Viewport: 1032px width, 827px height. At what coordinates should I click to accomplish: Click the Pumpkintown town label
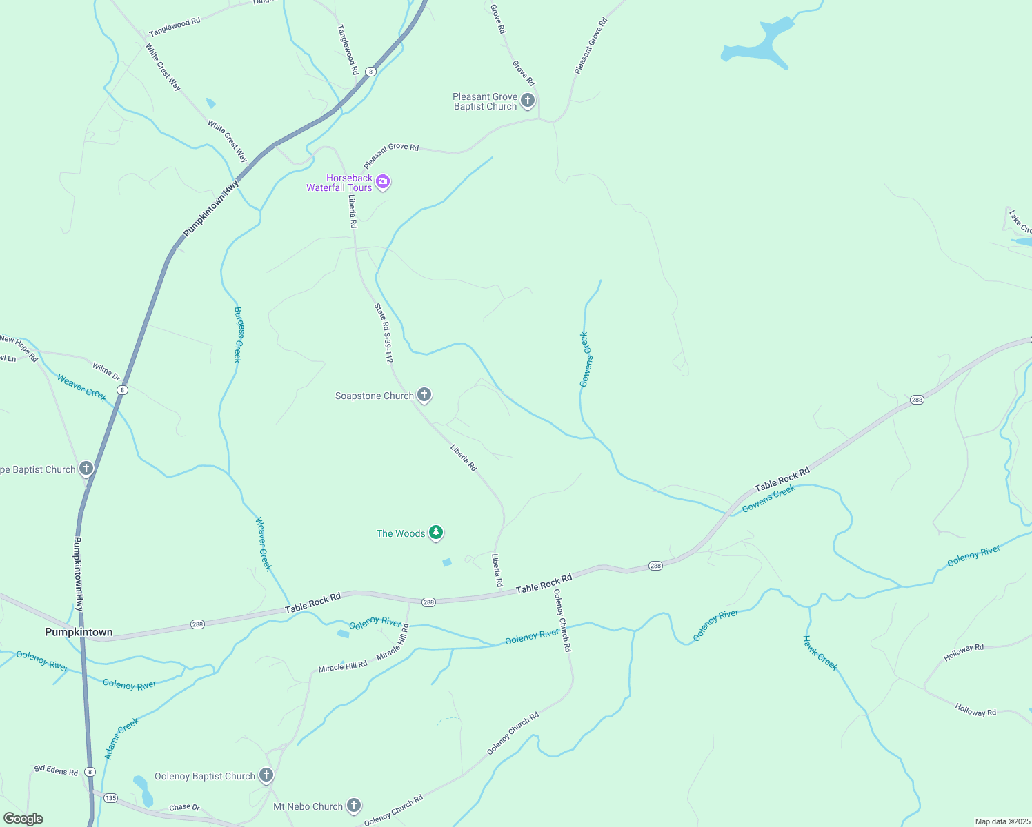tap(79, 632)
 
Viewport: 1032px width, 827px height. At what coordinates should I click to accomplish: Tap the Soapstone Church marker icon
tap(424, 395)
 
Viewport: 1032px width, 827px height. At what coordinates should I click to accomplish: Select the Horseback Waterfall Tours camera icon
tap(383, 183)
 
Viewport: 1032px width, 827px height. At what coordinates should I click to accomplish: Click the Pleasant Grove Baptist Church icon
tap(528, 101)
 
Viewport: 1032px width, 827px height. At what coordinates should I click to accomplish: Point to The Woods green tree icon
tap(435, 533)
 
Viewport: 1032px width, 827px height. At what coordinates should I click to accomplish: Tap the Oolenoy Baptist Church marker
tap(266, 775)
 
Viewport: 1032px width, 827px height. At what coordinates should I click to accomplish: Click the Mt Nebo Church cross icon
tap(353, 806)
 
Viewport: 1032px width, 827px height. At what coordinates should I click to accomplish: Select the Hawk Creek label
tap(820, 653)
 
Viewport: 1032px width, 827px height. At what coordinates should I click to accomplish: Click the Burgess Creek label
tap(238, 334)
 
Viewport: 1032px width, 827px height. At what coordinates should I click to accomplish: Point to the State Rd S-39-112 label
tap(384, 333)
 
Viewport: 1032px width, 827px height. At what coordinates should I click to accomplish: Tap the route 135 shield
tap(110, 797)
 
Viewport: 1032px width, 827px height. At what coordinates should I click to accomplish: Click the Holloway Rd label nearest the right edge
tap(975, 710)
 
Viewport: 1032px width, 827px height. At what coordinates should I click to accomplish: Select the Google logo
tap(23, 818)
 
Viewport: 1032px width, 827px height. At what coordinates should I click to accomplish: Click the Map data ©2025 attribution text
tap(1002, 821)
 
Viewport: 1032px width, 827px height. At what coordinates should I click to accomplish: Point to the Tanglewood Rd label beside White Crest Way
tap(175, 27)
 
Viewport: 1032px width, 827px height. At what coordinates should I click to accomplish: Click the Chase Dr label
tap(184, 807)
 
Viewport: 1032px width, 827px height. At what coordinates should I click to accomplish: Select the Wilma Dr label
tap(106, 372)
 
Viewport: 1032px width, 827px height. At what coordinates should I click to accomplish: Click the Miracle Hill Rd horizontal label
tap(342, 667)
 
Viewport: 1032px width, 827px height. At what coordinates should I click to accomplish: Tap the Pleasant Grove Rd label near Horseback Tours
tap(391, 156)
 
